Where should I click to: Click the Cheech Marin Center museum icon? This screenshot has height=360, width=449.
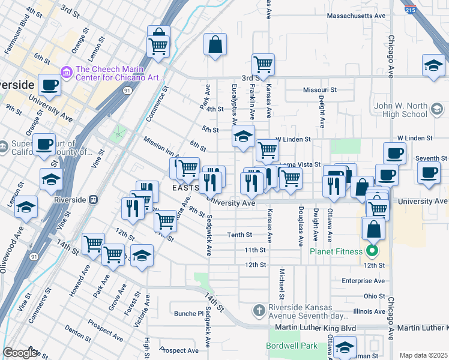(67, 73)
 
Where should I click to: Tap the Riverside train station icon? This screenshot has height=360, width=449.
(94, 200)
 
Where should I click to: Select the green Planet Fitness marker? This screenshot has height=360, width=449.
(373, 251)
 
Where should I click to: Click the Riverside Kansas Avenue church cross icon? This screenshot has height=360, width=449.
(259, 310)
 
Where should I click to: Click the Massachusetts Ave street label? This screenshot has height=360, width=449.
(355, 15)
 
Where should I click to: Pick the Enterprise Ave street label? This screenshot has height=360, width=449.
(363, 280)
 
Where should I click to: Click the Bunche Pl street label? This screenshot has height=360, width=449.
(189, 313)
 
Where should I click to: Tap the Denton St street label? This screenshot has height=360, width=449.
(77, 330)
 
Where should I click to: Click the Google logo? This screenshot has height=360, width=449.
(20, 353)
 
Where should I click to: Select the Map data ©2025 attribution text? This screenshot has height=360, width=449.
(423, 355)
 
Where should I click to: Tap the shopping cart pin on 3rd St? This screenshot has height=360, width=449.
(263, 64)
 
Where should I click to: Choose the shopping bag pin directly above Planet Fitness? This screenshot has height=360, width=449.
(373, 229)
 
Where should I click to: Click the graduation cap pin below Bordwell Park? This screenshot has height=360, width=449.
(345, 347)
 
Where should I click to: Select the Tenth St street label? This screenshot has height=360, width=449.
(238, 235)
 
